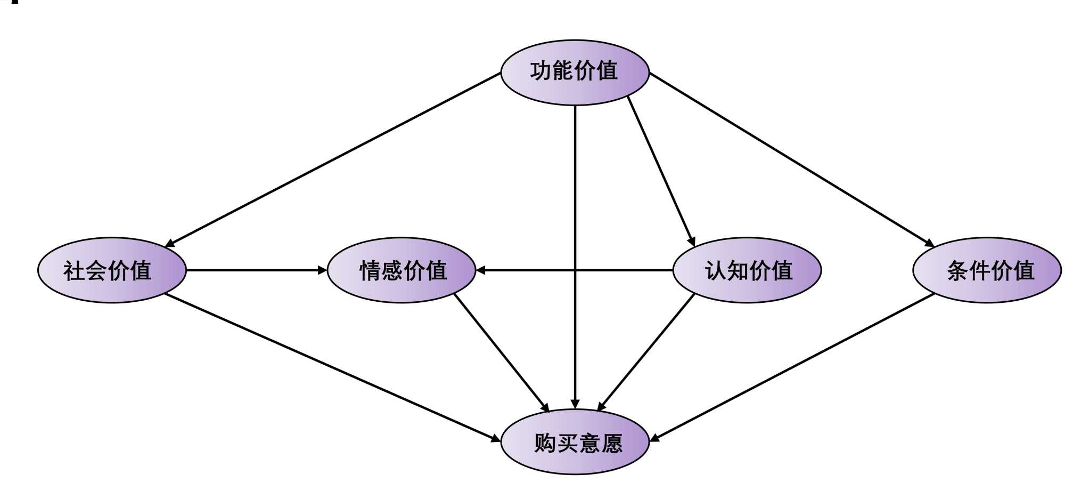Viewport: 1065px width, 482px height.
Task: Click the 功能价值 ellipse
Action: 575,72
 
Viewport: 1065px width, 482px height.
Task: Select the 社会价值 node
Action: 112,270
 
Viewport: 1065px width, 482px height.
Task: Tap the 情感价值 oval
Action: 401,270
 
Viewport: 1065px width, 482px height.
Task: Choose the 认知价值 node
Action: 747,270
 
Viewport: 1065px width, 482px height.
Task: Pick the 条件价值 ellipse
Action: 987,270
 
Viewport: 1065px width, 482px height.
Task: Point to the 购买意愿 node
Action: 575,442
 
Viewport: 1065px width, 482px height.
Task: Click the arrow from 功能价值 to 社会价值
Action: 333,159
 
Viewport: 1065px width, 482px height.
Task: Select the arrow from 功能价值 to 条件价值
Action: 792,159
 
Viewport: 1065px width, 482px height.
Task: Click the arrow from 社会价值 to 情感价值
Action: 256,270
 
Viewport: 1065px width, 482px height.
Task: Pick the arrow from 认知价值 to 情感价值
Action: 623,270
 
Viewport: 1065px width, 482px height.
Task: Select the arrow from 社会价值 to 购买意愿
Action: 333,367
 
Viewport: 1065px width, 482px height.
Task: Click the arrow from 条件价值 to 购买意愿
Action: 792,367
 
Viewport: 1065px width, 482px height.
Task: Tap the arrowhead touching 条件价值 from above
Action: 929,243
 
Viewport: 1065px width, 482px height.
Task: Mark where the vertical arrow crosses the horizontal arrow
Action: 575,270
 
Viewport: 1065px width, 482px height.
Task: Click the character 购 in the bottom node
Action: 544,443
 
